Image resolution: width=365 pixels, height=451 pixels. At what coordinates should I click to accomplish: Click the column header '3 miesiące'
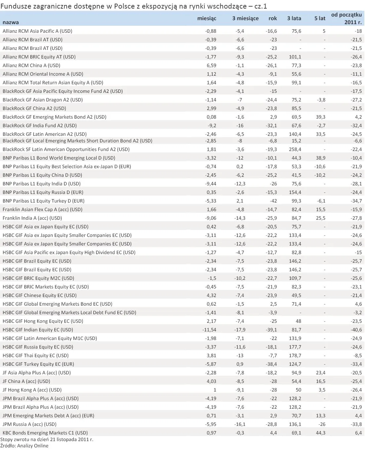pyautogui.click(x=245, y=19)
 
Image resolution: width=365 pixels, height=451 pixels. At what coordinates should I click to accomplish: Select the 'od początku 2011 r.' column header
pyautogui.click(x=346, y=18)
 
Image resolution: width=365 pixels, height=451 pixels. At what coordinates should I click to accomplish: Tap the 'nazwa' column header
pyautogui.click(x=11, y=22)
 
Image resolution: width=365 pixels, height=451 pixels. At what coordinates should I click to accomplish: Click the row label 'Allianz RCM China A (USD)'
pyautogui.click(x=31, y=65)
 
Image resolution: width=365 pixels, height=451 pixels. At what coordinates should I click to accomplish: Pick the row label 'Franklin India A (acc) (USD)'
pyautogui.click(x=32, y=218)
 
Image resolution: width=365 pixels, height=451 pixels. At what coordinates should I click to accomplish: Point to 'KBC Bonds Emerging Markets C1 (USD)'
pyautogui.click(x=45, y=433)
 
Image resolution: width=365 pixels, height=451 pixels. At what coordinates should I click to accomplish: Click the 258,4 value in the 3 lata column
pyautogui.click(x=295, y=149)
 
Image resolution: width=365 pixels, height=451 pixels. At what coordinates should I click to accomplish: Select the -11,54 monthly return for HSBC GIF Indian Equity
pyautogui.click(x=209, y=330)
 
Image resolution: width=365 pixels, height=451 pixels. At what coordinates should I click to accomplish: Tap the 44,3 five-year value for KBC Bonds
pyautogui.click(x=320, y=433)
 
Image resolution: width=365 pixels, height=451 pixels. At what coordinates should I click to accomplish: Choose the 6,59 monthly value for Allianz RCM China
pyautogui.click(x=211, y=65)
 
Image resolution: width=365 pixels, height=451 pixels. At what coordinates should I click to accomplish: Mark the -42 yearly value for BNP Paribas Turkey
pyautogui.click(x=273, y=201)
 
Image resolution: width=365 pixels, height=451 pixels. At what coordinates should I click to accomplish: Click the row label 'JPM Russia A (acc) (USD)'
pyautogui.click(x=29, y=424)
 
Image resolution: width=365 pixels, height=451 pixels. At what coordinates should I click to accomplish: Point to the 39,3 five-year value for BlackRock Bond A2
pyautogui.click(x=320, y=117)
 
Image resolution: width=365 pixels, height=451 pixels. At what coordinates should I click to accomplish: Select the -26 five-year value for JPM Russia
pyautogui.click(x=322, y=424)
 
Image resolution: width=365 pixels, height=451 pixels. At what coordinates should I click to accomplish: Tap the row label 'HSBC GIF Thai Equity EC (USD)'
pyautogui.click(x=35, y=356)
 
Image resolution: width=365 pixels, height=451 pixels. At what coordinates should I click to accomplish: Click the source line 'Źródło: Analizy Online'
pyautogui.click(x=24, y=446)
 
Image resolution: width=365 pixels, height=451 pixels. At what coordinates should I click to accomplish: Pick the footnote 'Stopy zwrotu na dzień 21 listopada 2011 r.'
pyautogui.click(x=47, y=440)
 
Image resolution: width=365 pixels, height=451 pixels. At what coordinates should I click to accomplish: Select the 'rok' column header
pyautogui.click(x=272, y=19)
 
